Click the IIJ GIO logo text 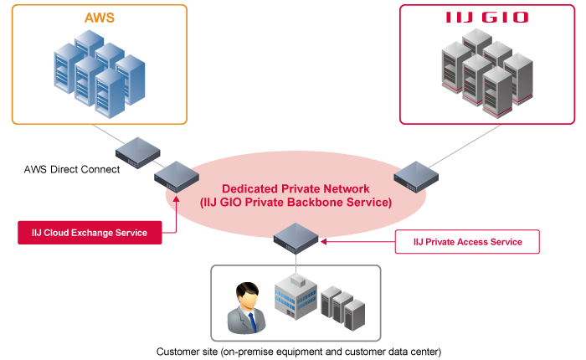pyautogui.click(x=486, y=18)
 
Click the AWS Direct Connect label pyautogui.click(x=72, y=169)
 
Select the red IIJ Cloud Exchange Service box pyautogui.click(x=90, y=232)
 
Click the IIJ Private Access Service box pyautogui.click(x=468, y=242)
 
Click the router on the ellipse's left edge pyautogui.click(x=176, y=177)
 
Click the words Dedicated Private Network pyautogui.click(x=296, y=189)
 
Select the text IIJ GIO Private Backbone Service pyautogui.click(x=296, y=203)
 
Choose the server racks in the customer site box pyautogui.click(x=344, y=307)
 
